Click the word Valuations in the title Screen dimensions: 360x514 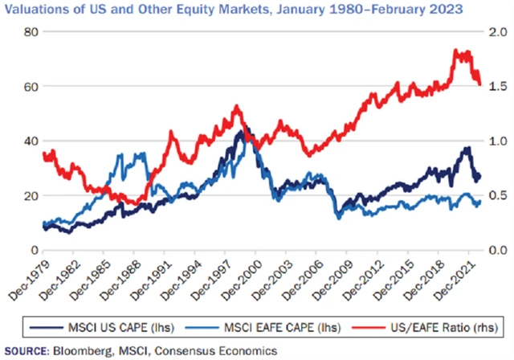[x=35, y=10]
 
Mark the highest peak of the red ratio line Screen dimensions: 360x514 [x=458, y=50]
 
